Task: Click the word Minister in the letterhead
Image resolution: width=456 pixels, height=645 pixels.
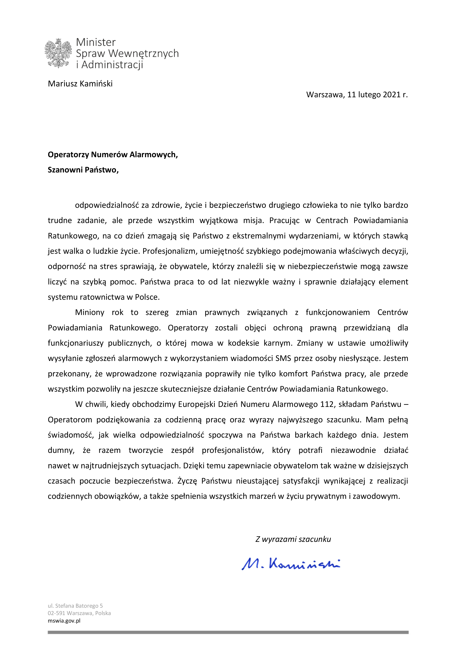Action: (96, 42)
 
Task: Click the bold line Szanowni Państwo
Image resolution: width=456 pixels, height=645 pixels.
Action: (83, 170)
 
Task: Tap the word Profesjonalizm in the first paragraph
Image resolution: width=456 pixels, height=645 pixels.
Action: (170, 251)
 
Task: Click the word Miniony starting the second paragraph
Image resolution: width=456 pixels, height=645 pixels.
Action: (90, 312)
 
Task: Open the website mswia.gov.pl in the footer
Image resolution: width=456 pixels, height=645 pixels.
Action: (64, 621)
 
